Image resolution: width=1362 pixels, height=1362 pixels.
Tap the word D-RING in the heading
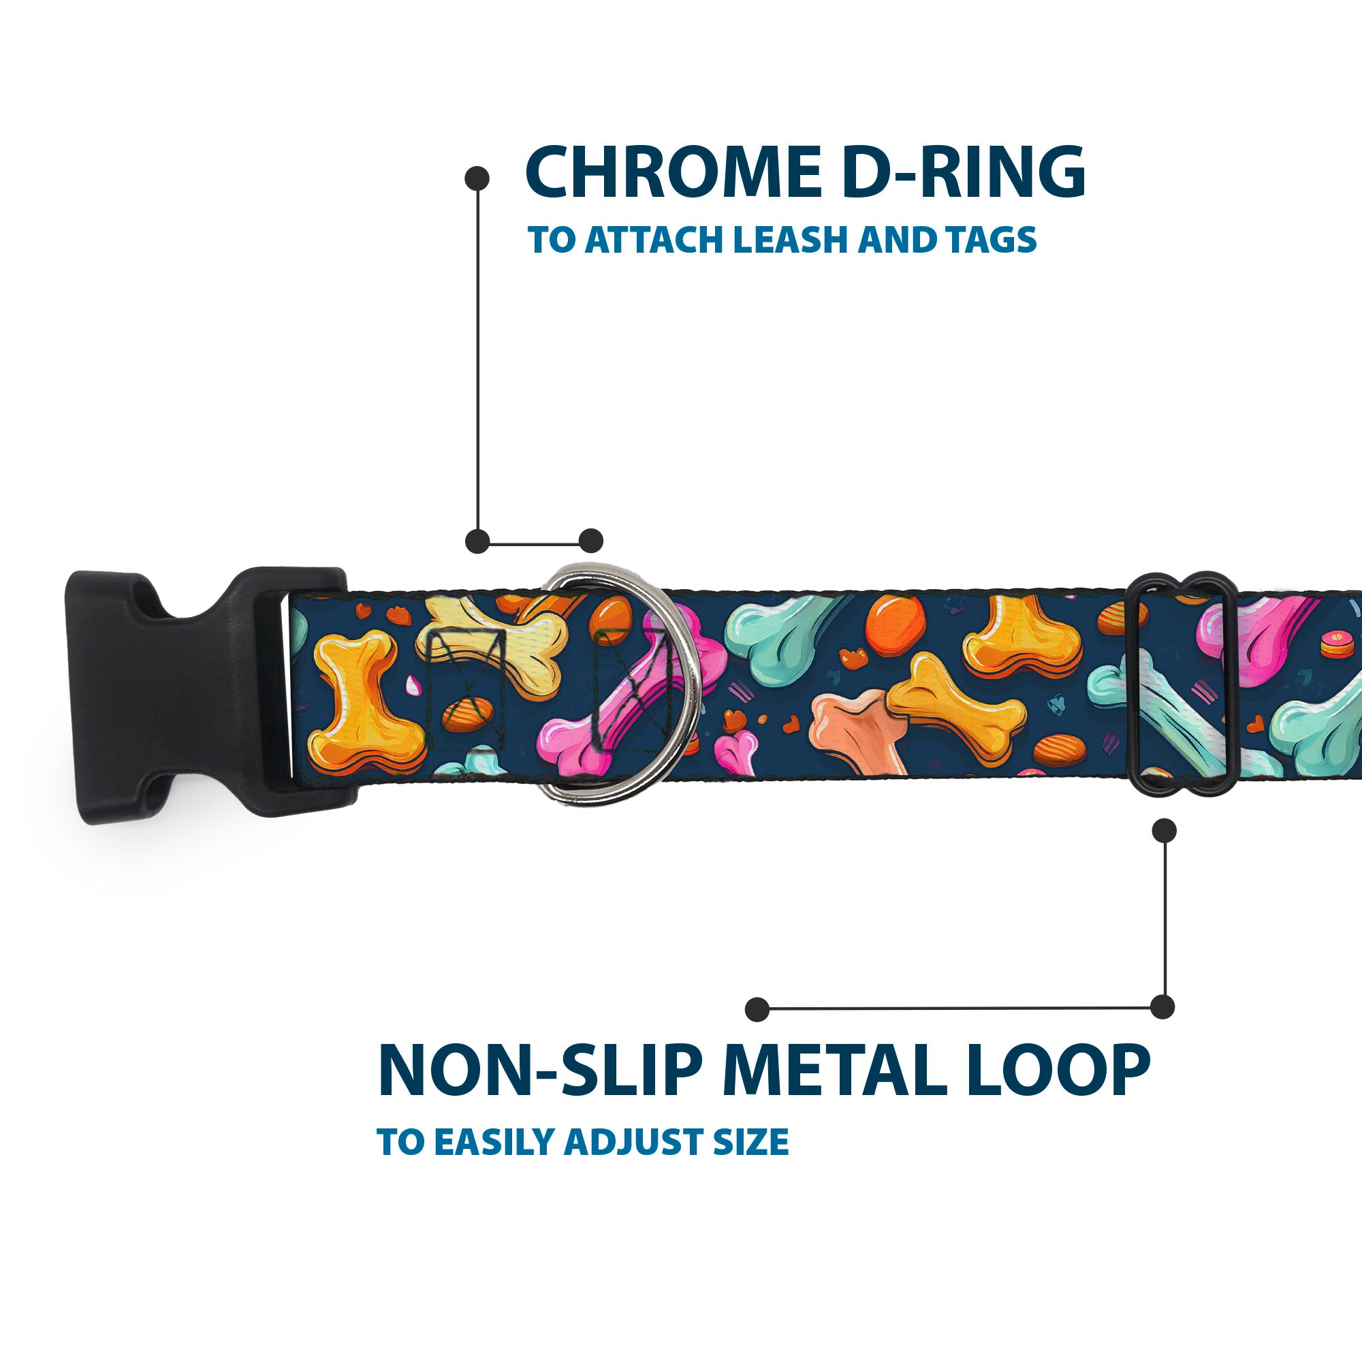click(964, 172)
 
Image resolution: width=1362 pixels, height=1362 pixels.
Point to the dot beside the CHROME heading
click(477, 178)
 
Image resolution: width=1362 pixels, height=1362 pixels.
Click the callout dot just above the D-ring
click(590, 541)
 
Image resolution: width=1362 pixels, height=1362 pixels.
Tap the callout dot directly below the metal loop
click(1164, 830)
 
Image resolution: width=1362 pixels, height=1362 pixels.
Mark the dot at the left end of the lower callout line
click(757, 1009)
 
